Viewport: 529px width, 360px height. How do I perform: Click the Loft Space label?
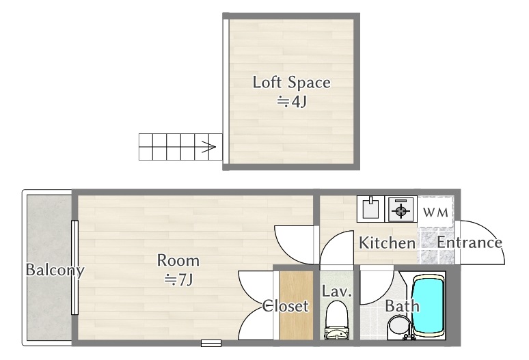point(291,83)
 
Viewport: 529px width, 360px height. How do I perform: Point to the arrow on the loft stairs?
point(208,146)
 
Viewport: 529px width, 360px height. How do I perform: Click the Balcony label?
point(54,270)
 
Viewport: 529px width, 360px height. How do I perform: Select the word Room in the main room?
point(178,260)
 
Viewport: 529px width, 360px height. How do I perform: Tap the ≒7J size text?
point(178,279)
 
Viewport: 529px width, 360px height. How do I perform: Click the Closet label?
point(286,306)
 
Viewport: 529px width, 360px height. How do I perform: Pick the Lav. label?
point(337,292)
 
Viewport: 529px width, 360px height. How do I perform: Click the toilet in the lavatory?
point(336,321)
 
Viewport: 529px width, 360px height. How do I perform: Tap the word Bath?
point(402,306)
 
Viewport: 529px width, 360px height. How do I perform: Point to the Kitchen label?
point(388,243)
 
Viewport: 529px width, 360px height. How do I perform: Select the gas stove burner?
point(401,209)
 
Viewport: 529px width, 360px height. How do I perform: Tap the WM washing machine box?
point(435,212)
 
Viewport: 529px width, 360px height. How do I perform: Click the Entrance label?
point(470,243)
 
